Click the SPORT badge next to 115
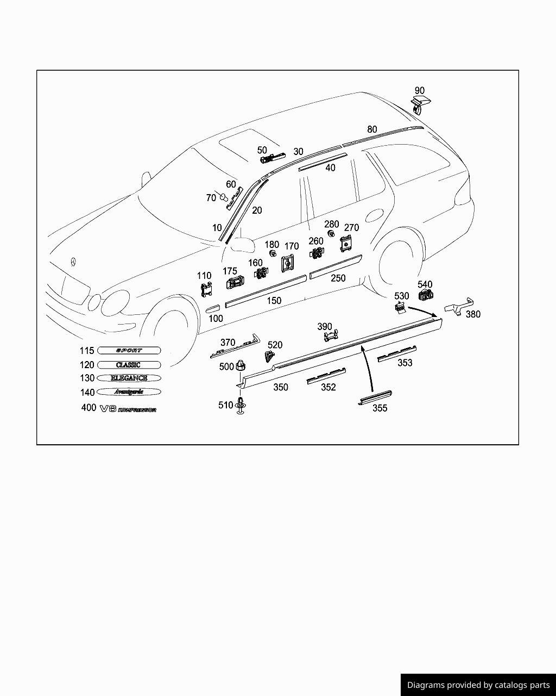pos(129,351)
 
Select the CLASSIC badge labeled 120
pos(129,365)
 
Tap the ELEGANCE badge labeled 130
pos(129,378)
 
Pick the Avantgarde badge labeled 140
pos(129,391)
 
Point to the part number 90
pos(420,91)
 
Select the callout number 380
pos(472,314)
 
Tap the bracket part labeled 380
pos(459,306)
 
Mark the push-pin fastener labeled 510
pos(240,407)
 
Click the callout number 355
pos(380,408)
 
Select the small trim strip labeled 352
pos(326,376)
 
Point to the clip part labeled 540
pos(425,295)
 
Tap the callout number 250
pos(338,278)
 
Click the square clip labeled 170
pos(288,264)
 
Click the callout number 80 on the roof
pos(372,129)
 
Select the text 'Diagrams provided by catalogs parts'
pos(478,685)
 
